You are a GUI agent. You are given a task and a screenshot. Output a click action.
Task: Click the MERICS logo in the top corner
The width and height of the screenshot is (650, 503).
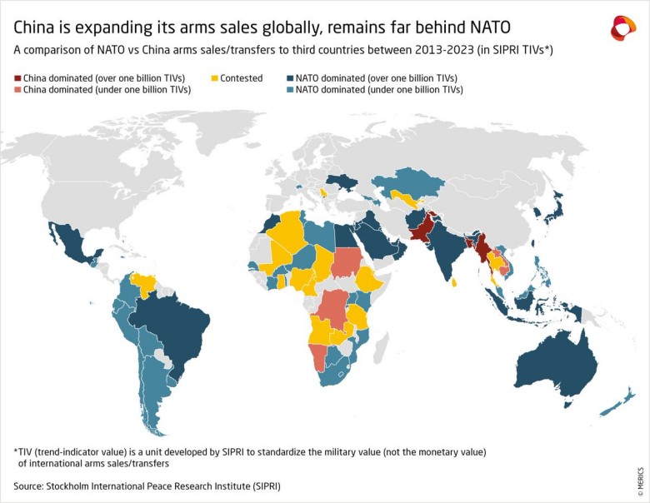622,27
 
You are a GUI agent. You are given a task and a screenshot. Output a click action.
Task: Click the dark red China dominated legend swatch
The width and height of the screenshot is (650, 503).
17,77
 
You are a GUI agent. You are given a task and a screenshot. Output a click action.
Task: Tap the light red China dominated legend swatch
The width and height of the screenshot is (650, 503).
17,89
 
